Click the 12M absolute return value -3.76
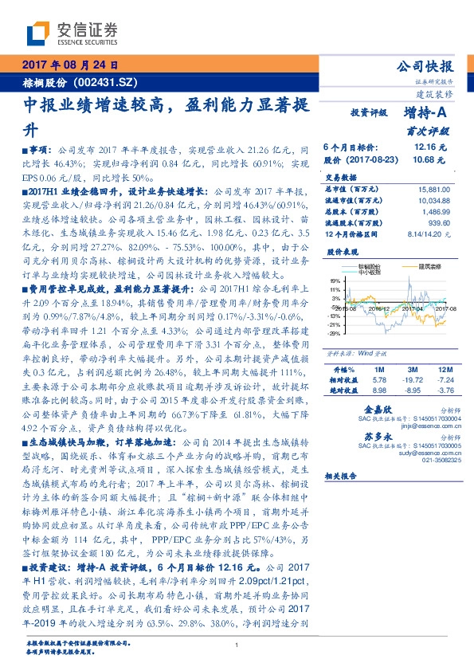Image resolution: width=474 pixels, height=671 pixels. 444,390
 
